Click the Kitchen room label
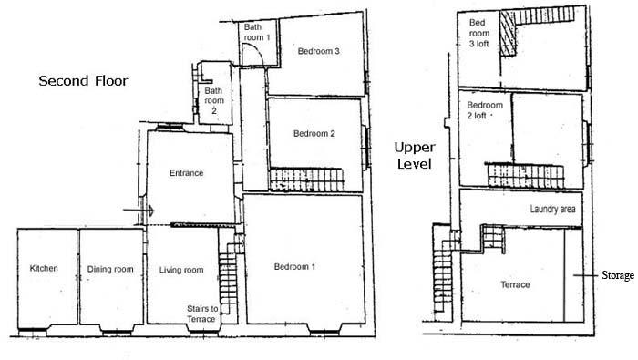pos(44,268)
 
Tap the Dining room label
pos(110,269)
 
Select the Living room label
pos(181,270)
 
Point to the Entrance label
pos(186,173)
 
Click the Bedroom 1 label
pos(294,266)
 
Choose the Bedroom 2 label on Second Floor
pos(314,133)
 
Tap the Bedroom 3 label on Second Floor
pos(319,51)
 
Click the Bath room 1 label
pos(257,32)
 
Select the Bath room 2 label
pos(214,100)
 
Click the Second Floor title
pos(84,80)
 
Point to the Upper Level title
pos(415,155)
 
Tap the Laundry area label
pos(552,209)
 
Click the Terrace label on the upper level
pos(515,284)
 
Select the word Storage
pos(618,275)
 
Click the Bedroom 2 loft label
pos(485,110)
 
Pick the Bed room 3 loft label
pos(478,33)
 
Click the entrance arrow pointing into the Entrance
pos(139,211)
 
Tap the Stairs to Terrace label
pos(202,314)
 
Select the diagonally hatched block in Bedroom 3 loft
pos(508,34)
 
